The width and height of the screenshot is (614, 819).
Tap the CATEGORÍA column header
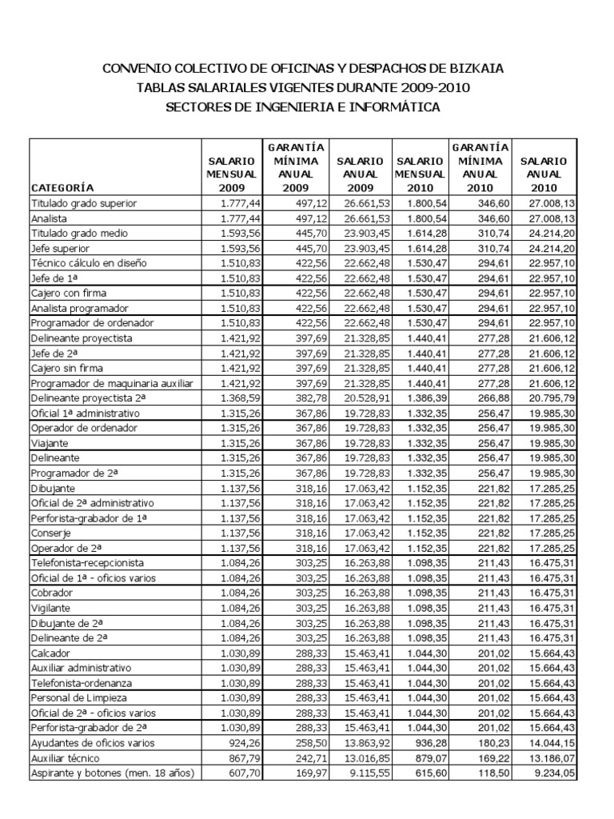point(62,188)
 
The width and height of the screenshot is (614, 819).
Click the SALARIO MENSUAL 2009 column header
point(231,174)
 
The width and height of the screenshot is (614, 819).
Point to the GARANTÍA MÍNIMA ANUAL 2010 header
point(480,167)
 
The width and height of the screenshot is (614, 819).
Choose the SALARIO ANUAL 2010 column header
point(544,174)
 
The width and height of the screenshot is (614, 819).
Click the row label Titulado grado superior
point(84,204)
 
